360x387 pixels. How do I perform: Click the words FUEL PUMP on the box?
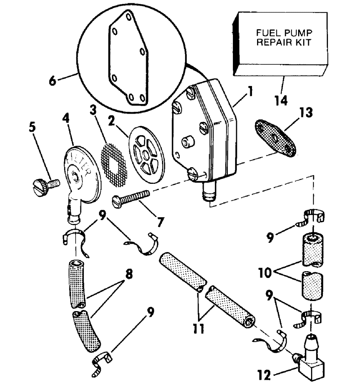284,33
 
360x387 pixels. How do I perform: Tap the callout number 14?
281,100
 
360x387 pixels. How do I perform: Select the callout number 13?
306,112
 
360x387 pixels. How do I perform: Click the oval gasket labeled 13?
275,138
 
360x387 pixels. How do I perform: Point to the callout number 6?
53,81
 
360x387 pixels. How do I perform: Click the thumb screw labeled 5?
46,187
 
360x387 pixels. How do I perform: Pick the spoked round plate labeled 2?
147,155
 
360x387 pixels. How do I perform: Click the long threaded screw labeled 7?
131,198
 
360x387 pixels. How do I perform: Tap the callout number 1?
251,91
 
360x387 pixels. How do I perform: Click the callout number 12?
264,375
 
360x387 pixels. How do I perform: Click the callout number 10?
265,273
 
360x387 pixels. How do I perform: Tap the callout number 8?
129,274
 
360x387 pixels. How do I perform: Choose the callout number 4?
66,118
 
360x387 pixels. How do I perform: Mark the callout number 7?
160,222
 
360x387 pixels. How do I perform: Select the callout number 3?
93,110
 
